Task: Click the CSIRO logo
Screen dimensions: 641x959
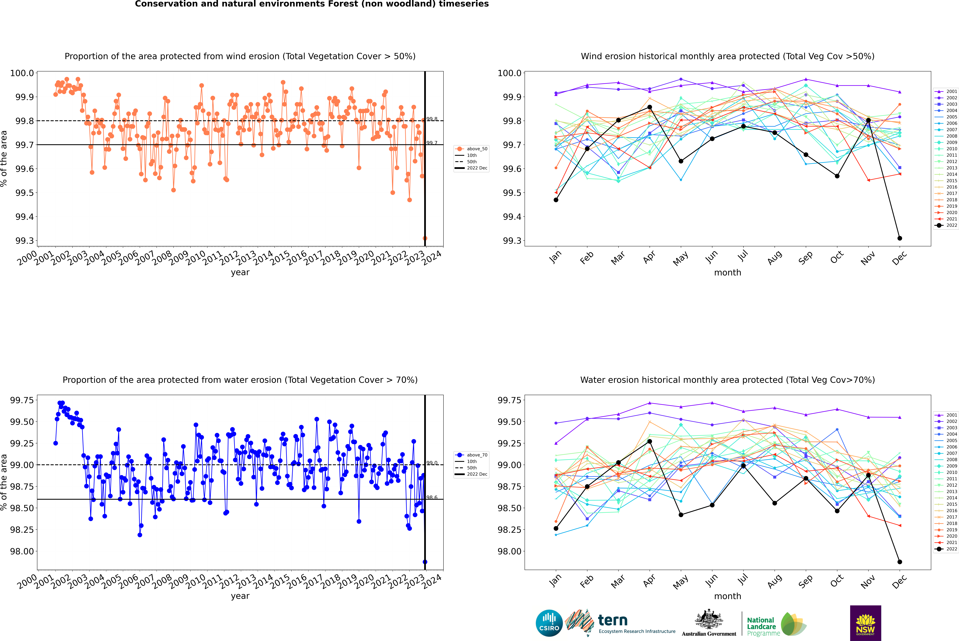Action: pos(549,623)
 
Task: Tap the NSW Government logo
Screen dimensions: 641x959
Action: pos(865,623)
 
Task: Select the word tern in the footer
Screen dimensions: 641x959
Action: pos(612,620)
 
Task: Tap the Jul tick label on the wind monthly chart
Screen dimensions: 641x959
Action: pos(743,255)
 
